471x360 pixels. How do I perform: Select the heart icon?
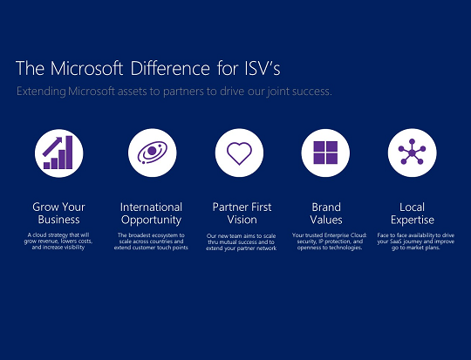point(239,153)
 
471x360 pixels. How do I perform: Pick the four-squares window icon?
point(325,153)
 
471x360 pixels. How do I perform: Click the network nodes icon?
point(412,153)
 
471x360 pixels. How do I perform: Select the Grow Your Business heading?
point(59,214)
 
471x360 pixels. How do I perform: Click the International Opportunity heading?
point(152,214)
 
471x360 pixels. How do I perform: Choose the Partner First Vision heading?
point(242,214)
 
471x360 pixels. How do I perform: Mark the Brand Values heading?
point(326,214)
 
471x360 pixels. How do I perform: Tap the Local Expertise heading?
point(412,214)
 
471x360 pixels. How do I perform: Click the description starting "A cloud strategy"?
point(59,241)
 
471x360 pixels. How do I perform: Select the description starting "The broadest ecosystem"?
point(152,241)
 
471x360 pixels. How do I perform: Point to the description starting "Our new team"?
point(241,242)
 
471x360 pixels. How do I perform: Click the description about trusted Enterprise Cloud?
point(326,241)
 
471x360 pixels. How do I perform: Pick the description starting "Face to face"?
point(412,241)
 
